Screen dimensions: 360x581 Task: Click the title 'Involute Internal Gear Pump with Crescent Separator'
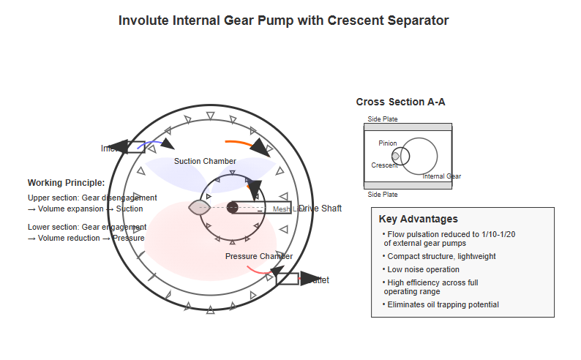(283, 20)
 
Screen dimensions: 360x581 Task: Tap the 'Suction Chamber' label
(205, 161)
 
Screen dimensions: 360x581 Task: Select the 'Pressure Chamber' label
(259, 256)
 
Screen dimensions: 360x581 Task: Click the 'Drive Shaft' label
(321, 209)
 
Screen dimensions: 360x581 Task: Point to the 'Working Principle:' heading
(66, 183)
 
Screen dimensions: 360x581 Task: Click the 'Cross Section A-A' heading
(400, 102)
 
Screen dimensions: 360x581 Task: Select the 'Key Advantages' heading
(419, 219)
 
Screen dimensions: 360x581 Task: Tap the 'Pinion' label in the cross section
(388, 143)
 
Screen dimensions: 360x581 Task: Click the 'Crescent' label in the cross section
(384, 165)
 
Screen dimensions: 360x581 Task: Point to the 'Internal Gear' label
(442, 176)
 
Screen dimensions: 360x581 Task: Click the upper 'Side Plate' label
(383, 119)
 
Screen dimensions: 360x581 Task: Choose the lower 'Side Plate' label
(383, 195)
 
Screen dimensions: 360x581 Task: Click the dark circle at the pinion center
(233, 207)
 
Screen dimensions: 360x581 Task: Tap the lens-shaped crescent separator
(200, 207)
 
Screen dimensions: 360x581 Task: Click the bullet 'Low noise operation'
(423, 270)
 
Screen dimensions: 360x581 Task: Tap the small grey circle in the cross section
(396, 156)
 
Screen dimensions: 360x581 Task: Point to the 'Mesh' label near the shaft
(282, 209)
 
